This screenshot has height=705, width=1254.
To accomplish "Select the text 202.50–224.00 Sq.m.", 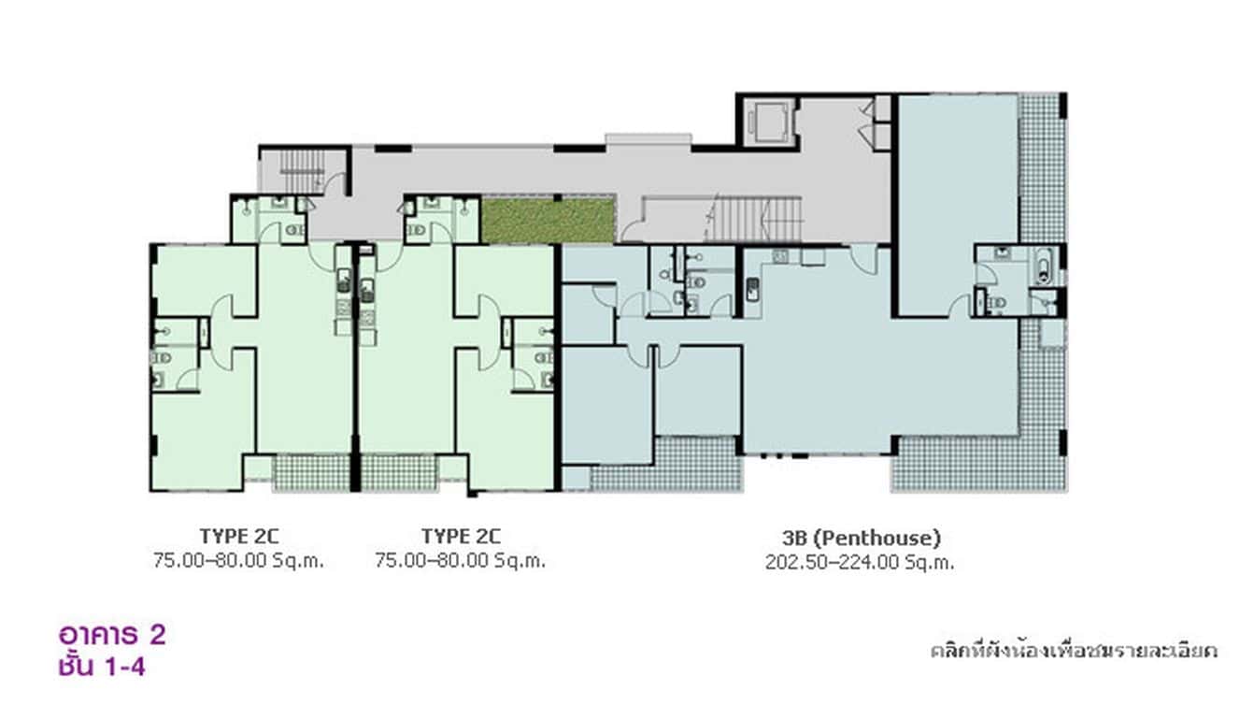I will (x=860, y=562).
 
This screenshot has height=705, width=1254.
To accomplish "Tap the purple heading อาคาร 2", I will (x=112, y=635).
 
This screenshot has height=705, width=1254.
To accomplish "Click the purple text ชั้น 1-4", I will (x=101, y=667).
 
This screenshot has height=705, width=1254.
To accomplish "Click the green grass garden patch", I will (x=548, y=220).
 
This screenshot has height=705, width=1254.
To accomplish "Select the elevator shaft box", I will (x=768, y=121).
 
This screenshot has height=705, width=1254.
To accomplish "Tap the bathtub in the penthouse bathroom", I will (x=1044, y=265).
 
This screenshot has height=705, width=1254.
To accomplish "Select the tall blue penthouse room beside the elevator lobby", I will (x=956, y=201).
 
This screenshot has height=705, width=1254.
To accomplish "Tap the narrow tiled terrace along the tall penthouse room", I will (x=1041, y=168).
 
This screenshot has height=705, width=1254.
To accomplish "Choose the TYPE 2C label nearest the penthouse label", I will (x=461, y=537).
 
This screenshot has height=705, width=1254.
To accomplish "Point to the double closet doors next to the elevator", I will (x=878, y=122).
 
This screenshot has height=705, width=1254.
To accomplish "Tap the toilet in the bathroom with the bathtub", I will (x=996, y=302).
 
